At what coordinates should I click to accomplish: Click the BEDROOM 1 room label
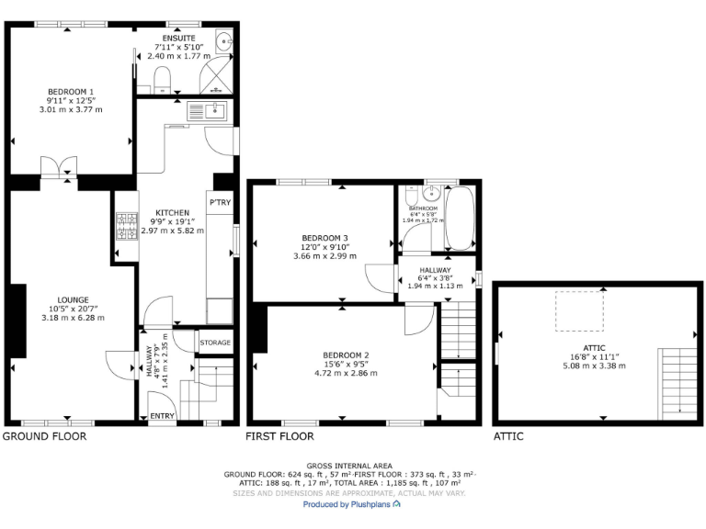71,91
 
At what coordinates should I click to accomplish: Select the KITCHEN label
172,212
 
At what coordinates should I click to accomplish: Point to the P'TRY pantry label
220,202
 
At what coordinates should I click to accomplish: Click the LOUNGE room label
73,299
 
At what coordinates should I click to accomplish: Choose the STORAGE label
215,343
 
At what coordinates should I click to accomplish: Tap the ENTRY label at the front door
163,417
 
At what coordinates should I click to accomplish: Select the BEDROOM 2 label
346,355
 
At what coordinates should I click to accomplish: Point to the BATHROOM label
423,208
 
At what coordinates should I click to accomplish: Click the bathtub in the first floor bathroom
460,219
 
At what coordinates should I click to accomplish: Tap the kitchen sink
208,112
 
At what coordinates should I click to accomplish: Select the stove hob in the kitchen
124,228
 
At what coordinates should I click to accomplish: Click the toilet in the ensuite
163,77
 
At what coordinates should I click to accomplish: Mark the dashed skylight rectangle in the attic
578,310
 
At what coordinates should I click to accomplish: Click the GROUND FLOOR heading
44,437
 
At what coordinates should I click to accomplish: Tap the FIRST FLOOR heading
280,437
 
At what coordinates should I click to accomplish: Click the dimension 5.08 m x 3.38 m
594,366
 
